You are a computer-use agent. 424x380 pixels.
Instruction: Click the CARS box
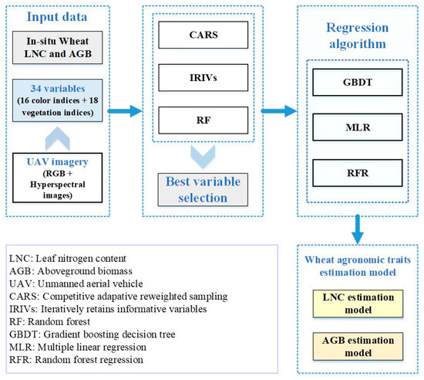[x=203, y=35]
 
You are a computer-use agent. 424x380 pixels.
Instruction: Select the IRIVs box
[x=203, y=78]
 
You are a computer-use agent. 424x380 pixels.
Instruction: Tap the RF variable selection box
[x=203, y=120]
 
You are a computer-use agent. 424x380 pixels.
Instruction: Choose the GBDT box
[x=358, y=83]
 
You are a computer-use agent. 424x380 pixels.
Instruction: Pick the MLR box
[x=358, y=127]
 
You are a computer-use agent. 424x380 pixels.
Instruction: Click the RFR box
[x=358, y=173]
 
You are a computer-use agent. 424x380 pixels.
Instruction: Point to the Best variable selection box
[x=203, y=190]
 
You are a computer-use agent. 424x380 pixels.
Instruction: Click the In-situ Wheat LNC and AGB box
[x=57, y=48]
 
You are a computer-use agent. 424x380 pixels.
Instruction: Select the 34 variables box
[x=57, y=100]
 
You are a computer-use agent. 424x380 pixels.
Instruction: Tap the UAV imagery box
[x=57, y=178]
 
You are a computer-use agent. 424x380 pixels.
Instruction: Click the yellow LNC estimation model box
[x=358, y=304]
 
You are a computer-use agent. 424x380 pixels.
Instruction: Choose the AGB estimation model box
[x=358, y=347]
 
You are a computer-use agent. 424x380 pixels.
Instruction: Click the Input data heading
[x=57, y=17]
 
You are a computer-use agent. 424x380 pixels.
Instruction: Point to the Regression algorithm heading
[x=358, y=36]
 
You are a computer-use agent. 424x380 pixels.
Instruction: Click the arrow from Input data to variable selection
[x=125, y=111]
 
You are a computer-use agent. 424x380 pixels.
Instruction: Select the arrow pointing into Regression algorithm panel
[x=279, y=111]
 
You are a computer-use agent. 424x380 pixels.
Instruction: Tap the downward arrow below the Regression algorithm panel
[x=358, y=229]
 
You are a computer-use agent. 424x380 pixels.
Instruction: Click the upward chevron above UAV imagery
[x=58, y=138]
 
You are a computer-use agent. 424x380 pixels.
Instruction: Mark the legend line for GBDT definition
[x=93, y=334]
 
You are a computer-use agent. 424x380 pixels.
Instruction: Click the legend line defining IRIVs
[x=108, y=309]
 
